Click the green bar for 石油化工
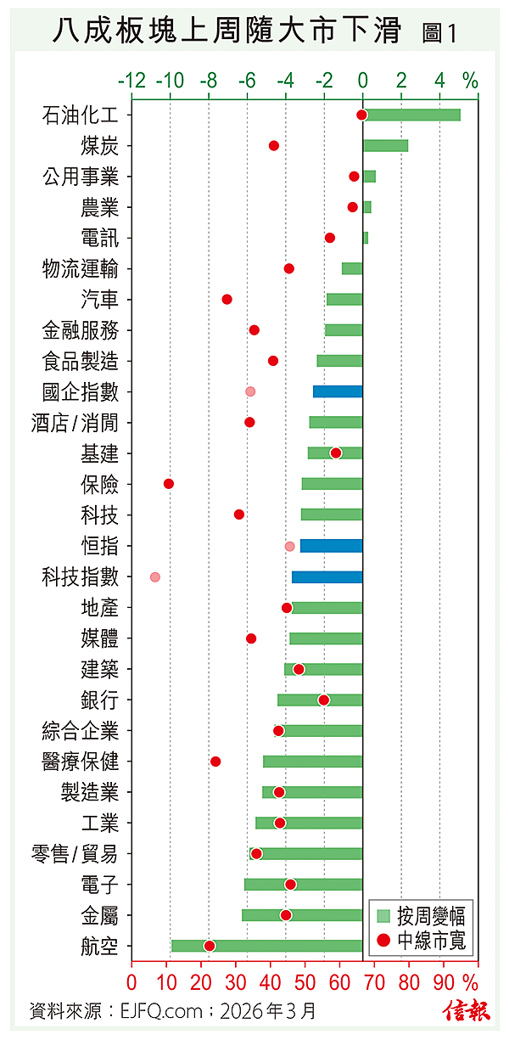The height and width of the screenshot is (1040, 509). (x=411, y=115)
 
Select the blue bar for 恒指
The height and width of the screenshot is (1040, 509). (x=331, y=546)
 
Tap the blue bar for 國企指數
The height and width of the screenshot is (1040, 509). (x=338, y=391)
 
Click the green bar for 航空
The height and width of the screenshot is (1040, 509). (x=266, y=946)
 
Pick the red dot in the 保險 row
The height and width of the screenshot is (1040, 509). (x=169, y=483)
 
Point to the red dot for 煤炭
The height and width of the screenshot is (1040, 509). (x=274, y=146)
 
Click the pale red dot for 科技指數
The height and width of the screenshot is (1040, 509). (x=154, y=576)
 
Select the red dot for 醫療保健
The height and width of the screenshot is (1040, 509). (x=215, y=762)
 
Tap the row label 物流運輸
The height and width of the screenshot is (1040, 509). (x=81, y=269)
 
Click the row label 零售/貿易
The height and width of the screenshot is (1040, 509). (x=81, y=854)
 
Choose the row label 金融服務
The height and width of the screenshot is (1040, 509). (x=81, y=330)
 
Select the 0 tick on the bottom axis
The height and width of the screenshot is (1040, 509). (x=131, y=981)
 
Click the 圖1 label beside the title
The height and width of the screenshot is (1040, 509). (x=439, y=33)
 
